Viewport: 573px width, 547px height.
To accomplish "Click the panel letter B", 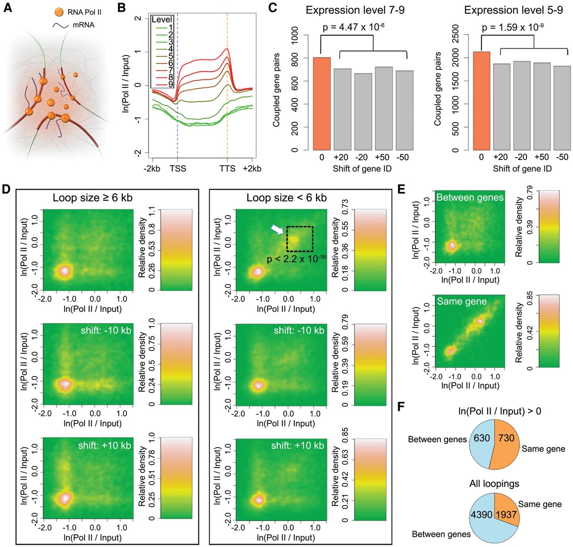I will (121, 8).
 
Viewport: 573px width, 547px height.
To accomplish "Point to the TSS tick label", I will (178, 168).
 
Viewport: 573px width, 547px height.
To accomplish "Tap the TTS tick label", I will (227, 168).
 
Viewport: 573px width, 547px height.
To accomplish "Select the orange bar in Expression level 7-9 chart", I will (322, 103).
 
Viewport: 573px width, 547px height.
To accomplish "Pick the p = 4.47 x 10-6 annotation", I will (354, 27).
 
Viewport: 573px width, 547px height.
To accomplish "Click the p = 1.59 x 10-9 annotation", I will (513, 27).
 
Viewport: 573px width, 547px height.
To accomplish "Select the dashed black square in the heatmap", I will (299, 238).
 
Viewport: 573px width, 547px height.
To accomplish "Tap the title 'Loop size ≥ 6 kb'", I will (93, 198).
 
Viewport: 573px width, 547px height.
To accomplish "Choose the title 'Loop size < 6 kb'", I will (286, 198).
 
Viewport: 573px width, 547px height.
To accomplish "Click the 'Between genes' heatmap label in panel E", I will (470, 198).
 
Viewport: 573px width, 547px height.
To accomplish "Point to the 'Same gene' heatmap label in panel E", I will (462, 301).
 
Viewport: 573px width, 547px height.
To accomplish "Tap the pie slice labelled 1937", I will (506, 514).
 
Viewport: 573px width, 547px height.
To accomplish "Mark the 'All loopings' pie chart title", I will (494, 484).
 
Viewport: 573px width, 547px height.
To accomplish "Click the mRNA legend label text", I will (84, 25).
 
